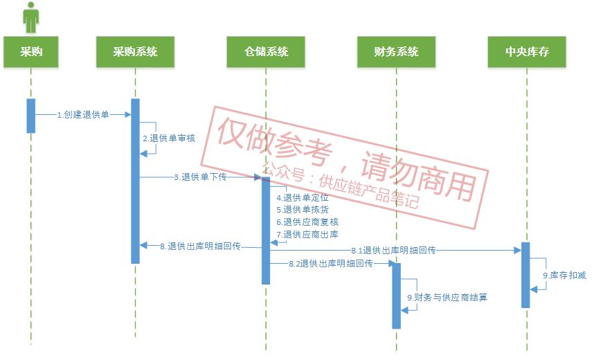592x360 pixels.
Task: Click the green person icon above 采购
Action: (31, 17)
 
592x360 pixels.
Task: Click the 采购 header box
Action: (31, 52)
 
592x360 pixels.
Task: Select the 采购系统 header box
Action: (136, 52)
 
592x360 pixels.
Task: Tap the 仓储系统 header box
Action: (266, 52)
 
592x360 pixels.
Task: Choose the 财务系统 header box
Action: (396, 52)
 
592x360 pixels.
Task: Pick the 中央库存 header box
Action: (527, 52)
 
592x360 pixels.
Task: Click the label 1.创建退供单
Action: (83, 115)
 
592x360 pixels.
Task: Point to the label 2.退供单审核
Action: (169, 138)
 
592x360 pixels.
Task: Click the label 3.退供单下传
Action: (200, 177)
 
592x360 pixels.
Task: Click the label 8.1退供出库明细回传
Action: (393, 250)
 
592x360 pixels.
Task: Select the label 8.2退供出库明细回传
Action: (331, 264)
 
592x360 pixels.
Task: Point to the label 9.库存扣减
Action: (564, 276)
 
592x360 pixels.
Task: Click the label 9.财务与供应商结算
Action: (447, 298)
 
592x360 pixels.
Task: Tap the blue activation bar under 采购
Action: (31, 116)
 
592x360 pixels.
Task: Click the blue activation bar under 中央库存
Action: (526, 275)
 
